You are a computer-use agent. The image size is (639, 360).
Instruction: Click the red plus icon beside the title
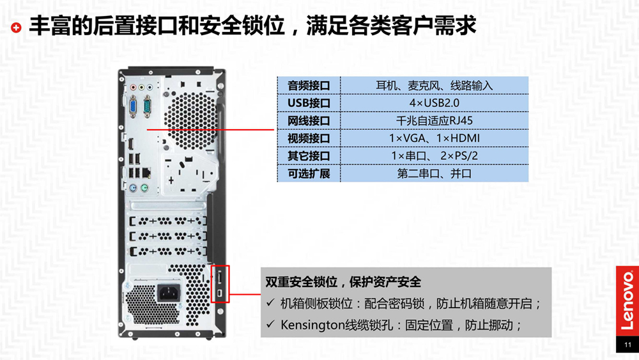(16, 27)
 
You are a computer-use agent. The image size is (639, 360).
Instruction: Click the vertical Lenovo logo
(627, 301)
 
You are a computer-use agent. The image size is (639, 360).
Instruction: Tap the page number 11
(627, 345)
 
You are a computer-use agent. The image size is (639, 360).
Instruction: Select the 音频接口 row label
(309, 86)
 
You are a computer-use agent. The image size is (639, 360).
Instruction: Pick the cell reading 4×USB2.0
(434, 103)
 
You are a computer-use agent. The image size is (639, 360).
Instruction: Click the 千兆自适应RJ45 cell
(434, 121)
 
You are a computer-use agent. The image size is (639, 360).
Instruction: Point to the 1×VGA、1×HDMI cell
(434, 138)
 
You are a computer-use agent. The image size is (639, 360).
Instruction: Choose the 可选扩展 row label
(309, 174)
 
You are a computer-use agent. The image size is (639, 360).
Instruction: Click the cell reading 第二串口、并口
(434, 174)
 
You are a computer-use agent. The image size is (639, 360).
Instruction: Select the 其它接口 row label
(309, 156)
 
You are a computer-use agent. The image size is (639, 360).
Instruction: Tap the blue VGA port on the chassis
(133, 107)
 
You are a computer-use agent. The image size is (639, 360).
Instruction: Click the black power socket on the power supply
(168, 293)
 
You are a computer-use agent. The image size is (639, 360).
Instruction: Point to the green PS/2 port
(144, 188)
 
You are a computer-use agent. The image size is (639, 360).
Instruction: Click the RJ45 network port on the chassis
(146, 173)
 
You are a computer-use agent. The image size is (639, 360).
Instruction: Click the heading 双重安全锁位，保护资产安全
(343, 282)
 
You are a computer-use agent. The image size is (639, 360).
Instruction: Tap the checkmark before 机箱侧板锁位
(270, 303)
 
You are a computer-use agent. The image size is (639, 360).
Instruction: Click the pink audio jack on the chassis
(134, 87)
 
